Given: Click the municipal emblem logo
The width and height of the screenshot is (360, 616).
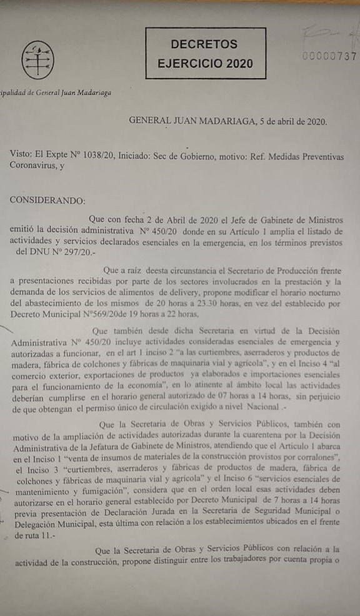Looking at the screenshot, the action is point(37,60).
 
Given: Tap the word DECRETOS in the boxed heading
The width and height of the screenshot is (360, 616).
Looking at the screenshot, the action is point(204,44).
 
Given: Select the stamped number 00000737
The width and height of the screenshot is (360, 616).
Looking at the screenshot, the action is point(329,56).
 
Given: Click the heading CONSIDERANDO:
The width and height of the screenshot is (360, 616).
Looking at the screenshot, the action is point(47,201).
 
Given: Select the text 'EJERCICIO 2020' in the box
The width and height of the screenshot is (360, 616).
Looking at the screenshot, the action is point(205,64).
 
